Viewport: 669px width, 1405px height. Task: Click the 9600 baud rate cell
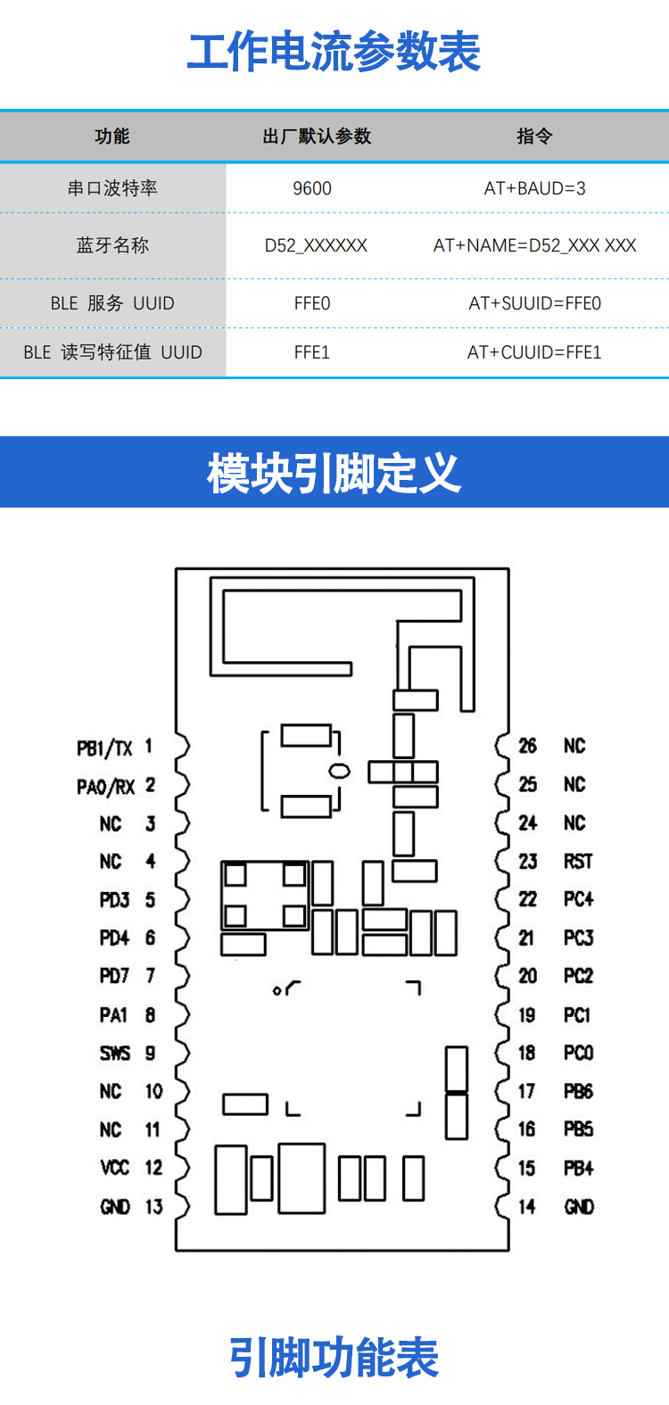pos(312,188)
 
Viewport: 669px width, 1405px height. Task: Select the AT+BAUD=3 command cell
pos(534,188)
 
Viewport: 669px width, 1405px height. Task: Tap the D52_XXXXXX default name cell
pos(316,245)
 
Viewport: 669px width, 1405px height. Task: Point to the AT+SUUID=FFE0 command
pos(534,303)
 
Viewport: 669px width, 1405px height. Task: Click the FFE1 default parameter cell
pos(312,352)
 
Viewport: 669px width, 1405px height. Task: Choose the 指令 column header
pos(534,136)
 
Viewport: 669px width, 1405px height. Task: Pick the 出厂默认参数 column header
pos(317,136)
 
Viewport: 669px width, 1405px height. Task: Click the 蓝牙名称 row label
pos(112,245)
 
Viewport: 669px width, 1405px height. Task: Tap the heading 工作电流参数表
pos(334,52)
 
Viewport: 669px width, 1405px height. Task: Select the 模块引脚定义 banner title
pos(334,473)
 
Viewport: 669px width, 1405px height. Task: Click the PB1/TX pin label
pos(104,748)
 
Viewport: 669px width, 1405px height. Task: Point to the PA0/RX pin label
pos(105,787)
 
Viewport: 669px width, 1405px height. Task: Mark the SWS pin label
pos(115,1054)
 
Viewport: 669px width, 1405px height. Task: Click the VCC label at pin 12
pos(115,1168)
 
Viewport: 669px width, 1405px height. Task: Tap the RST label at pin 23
pos(578,862)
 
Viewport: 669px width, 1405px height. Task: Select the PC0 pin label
pos(578,1054)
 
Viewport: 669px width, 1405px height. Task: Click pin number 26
pos(528,746)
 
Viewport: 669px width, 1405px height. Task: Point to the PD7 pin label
pos(115,976)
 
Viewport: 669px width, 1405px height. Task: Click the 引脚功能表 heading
pos(334,1358)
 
